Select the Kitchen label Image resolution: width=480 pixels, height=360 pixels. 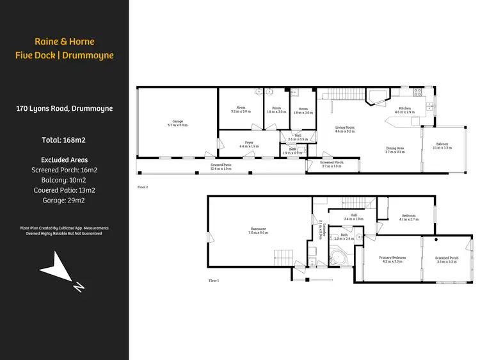pos(405,110)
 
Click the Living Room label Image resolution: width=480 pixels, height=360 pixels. pos(345,129)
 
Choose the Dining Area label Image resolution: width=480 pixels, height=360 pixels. pos(394,150)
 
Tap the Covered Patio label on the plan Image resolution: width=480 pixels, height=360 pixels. pos(221,167)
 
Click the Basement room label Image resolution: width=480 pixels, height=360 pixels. pos(258,231)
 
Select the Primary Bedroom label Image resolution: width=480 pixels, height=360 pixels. pos(394,259)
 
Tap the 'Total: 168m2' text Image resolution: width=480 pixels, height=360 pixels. pos(64,140)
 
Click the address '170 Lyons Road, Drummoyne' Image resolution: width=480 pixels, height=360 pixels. pos(64,108)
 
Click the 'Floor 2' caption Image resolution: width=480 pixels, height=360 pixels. pos(143,187)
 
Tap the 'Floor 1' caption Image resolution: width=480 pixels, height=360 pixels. pos(214,281)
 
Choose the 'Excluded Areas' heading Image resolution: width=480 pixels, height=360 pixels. pos(64,160)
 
